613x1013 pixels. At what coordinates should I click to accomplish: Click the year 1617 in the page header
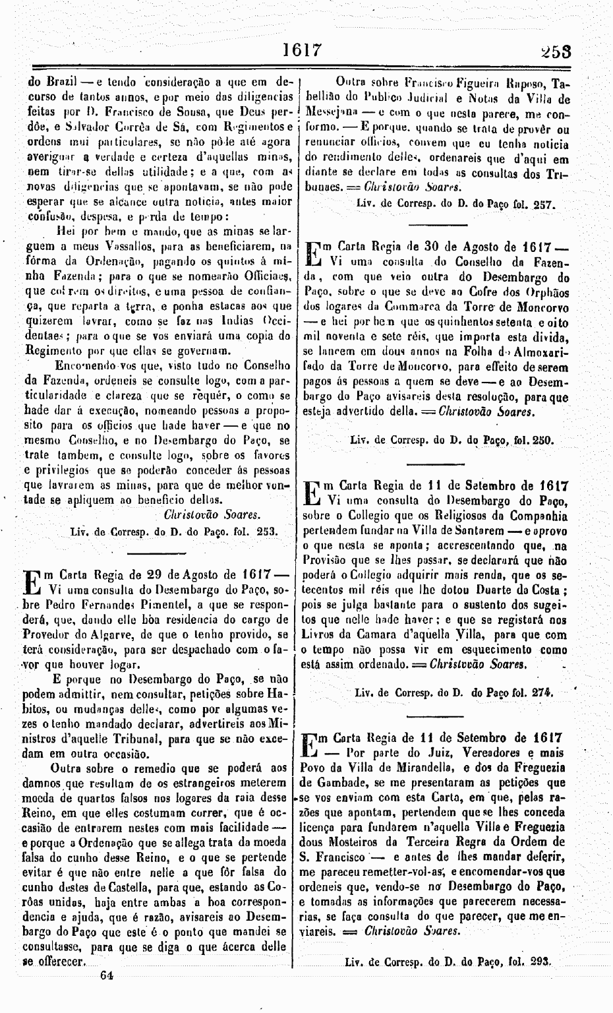pos(301,49)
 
